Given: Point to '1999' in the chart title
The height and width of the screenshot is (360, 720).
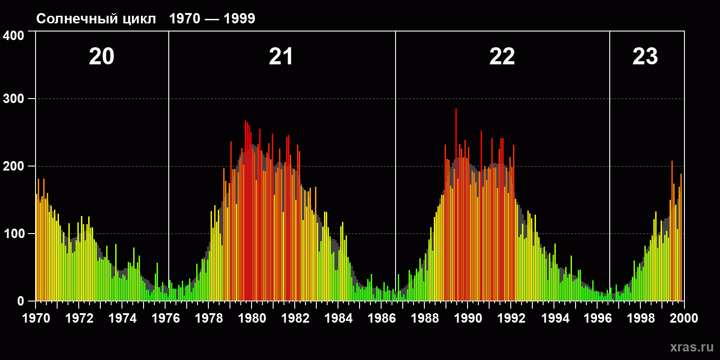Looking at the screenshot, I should point(239,19).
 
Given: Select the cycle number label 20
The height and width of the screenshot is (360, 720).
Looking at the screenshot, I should point(102,57).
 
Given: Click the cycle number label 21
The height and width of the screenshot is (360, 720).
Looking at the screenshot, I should point(281,57).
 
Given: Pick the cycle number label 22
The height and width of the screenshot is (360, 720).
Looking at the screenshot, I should point(502,57).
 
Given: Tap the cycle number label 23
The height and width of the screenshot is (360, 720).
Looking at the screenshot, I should point(645,57).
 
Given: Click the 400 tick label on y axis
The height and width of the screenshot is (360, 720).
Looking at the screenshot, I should point(14,36).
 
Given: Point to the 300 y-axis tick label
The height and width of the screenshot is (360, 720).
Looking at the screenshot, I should point(14,99).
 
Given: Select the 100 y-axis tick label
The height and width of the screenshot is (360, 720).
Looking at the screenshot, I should point(14,234).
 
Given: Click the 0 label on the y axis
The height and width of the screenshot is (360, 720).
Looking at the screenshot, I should point(21,301).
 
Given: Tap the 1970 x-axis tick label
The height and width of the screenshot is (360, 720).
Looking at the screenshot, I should point(36,319).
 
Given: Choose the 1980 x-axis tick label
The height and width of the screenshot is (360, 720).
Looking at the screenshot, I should point(252,319).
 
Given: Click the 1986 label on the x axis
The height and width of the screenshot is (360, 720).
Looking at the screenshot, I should point(382,319).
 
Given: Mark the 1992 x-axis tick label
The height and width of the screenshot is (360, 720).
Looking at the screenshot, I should point(511,319).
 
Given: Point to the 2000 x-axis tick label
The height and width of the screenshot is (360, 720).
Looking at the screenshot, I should point(684,319).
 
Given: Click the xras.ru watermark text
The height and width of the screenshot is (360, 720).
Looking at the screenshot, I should point(692,347).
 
